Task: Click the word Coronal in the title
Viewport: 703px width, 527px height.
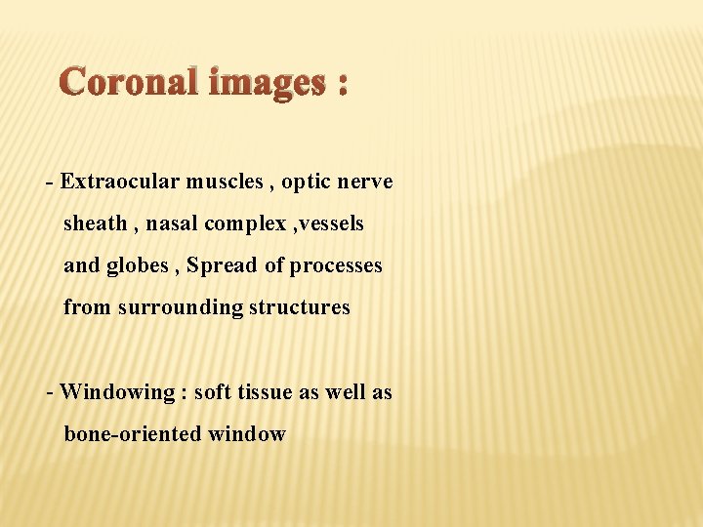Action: point(129,83)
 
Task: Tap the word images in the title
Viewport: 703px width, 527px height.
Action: point(264,85)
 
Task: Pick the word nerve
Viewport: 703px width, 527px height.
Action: point(365,182)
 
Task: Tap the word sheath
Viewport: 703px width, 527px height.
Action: point(95,223)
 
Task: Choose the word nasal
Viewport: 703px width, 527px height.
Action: point(172,223)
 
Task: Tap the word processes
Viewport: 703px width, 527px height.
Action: point(335,265)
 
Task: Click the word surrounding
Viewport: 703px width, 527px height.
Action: point(181,307)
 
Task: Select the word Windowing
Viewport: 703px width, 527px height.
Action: point(116,392)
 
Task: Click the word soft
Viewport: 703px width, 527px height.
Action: point(211,392)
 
